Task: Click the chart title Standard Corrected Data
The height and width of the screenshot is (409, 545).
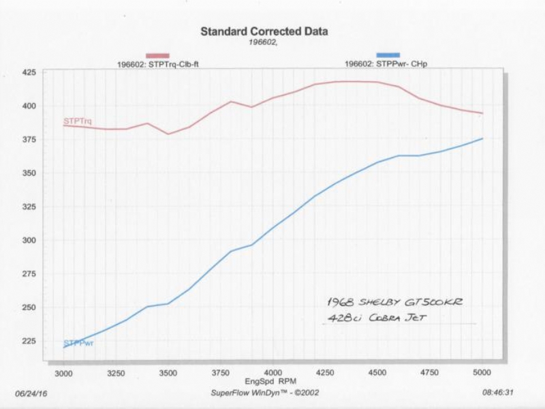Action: (x=264, y=31)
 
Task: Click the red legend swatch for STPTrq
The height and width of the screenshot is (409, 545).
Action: (x=158, y=56)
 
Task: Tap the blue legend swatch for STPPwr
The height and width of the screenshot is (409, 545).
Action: (x=388, y=55)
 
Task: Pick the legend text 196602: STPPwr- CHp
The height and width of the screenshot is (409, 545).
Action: (x=386, y=65)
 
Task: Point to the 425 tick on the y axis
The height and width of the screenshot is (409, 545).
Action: (x=30, y=72)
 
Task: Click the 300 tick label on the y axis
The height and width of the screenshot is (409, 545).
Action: (x=30, y=241)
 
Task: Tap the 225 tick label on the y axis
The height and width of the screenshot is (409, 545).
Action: (x=30, y=341)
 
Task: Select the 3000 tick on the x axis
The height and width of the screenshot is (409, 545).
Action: (x=64, y=374)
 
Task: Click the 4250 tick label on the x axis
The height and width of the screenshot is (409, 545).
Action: (x=325, y=374)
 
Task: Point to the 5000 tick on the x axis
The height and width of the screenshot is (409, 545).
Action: (x=482, y=374)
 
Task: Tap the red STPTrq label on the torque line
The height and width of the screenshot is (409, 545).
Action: (x=78, y=121)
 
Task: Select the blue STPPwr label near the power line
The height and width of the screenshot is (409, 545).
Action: (x=78, y=343)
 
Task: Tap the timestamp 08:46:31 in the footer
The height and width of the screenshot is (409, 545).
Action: (x=497, y=393)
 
